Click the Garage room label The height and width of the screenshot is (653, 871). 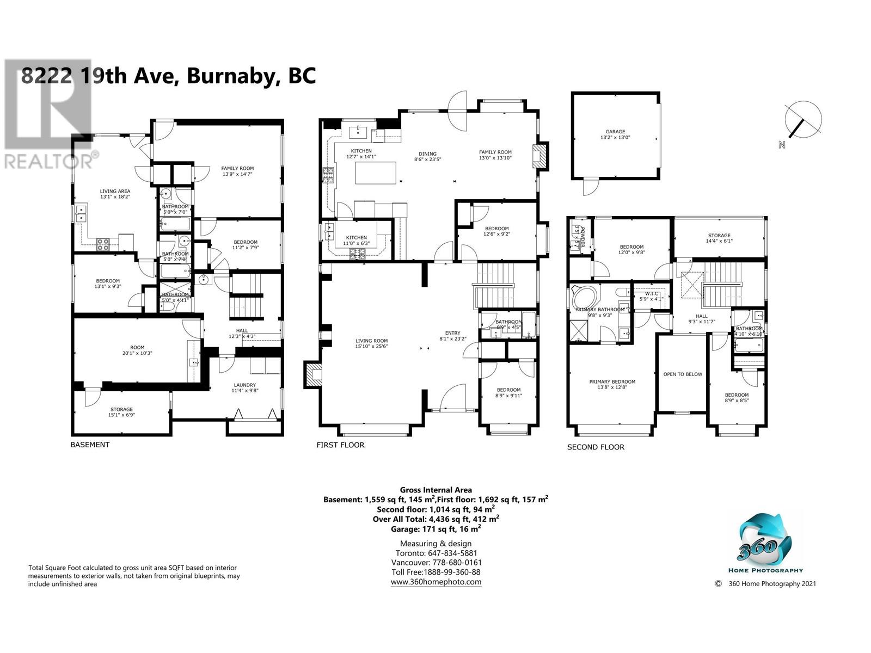(615, 134)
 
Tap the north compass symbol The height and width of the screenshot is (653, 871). (802, 121)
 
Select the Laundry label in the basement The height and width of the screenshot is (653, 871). (244, 387)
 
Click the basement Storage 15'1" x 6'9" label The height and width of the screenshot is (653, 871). (121, 412)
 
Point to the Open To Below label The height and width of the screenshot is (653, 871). (682, 374)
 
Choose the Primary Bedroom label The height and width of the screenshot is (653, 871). (612, 384)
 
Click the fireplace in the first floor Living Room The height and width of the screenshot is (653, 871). (314, 375)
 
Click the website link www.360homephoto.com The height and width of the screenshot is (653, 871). (436, 582)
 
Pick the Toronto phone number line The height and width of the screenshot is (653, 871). (436, 553)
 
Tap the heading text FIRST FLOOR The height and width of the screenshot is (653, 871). (340, 445)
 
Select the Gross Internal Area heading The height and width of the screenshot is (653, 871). (436, 490)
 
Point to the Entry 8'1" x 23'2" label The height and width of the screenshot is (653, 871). (452, 336)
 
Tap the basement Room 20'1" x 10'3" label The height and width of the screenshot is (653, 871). (137, 350)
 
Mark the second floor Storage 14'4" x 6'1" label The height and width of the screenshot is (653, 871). (719, 238)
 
